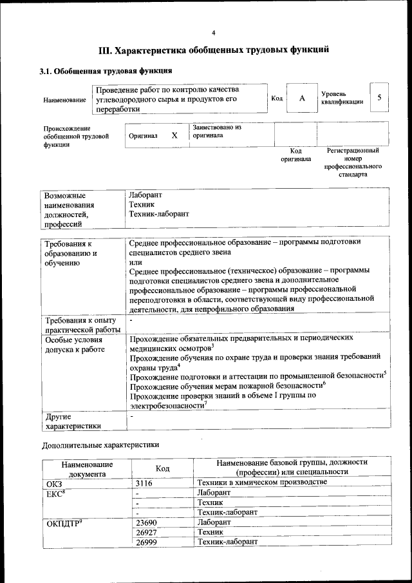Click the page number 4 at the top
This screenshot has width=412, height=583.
click(x=213, y=33)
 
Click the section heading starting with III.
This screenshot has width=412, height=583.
click(x=213, y=50)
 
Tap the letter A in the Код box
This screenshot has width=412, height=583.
click(x=301, y=98)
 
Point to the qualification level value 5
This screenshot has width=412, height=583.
click(x=380, y=97)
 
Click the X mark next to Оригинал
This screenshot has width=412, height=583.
click(x=174, y=136)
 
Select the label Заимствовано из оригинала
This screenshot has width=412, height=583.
click(x=216, y=131)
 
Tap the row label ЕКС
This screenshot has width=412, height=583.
click(x=57, y=492)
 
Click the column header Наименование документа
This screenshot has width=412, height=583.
click(x=87, y=468)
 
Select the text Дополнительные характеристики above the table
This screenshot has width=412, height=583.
click(x=100, y=444)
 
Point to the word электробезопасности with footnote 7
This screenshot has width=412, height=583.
click(x=167, y=406)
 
